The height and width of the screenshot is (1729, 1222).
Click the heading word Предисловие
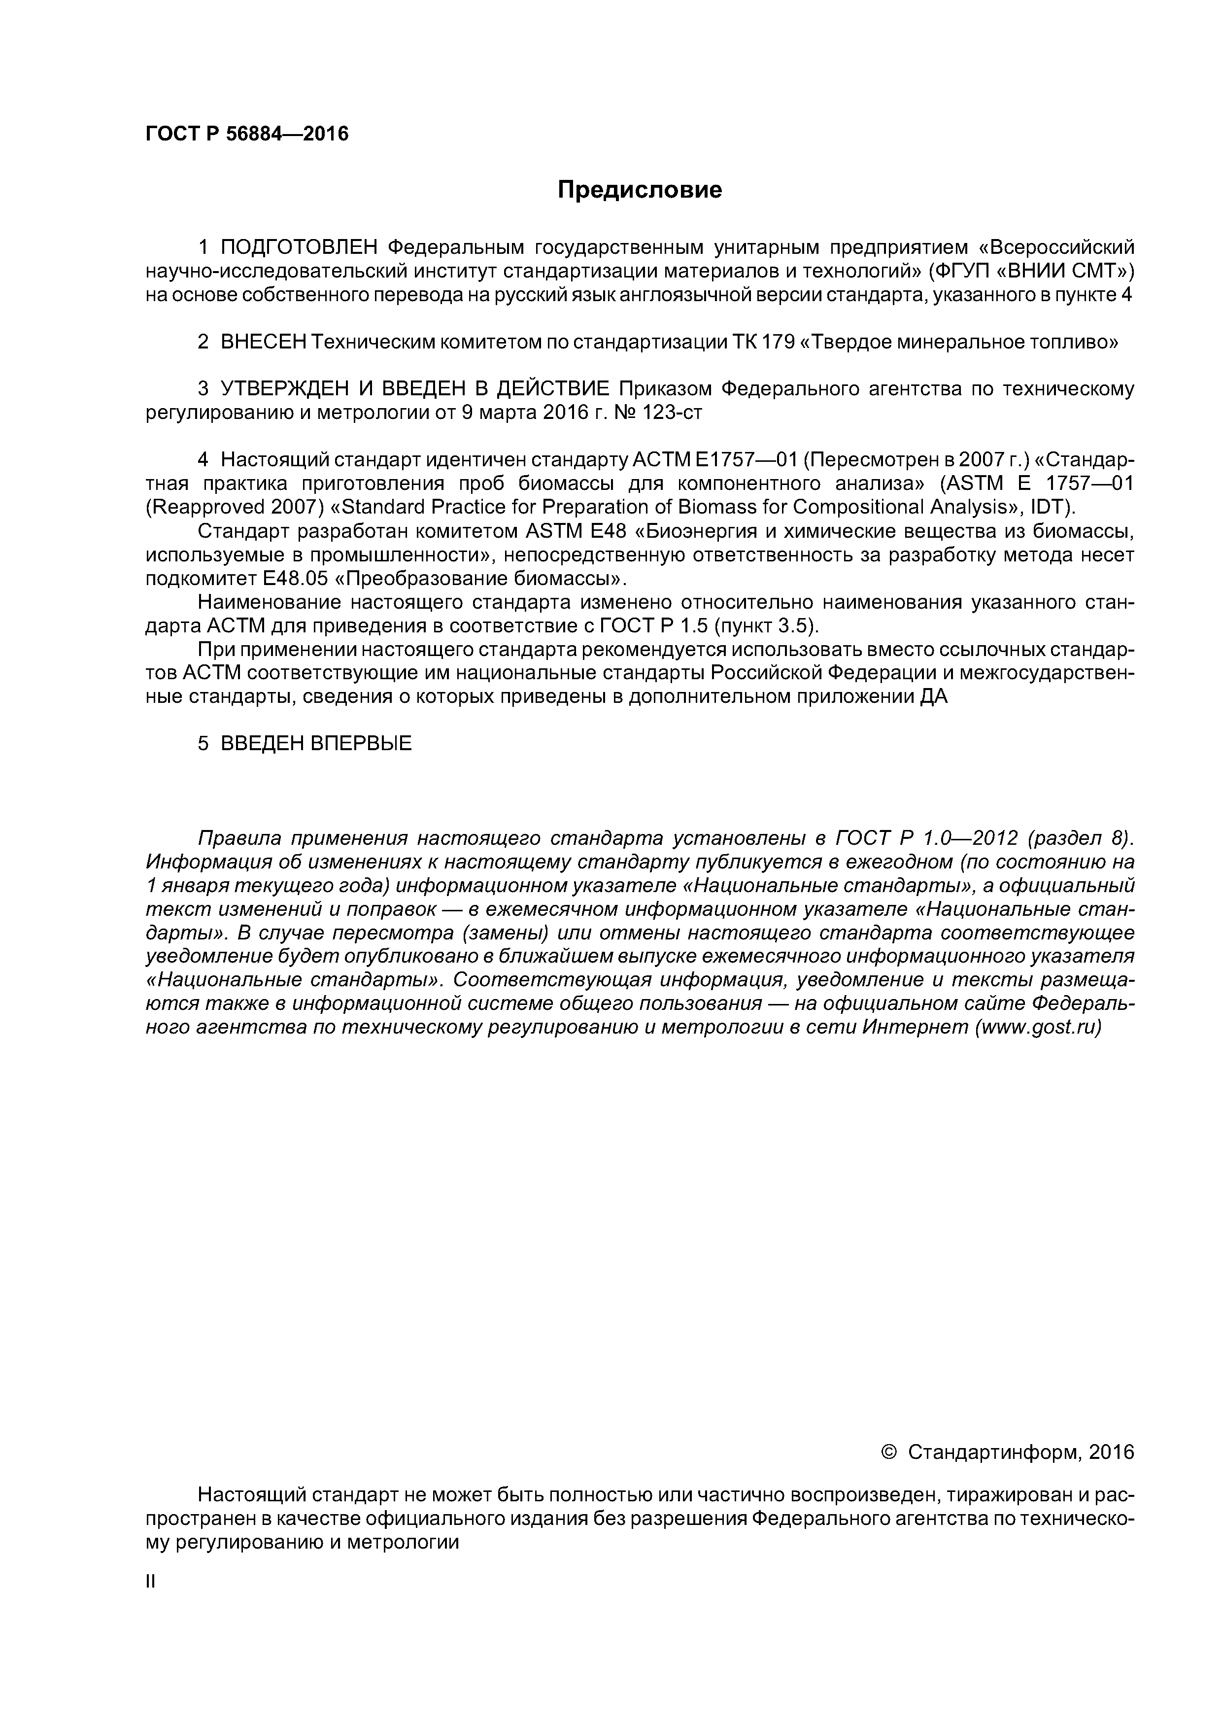point(639,190)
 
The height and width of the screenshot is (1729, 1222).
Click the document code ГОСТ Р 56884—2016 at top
point(247,134)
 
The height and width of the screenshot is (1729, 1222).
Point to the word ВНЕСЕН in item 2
point(264,342)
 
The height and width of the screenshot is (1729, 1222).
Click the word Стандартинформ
point(994,1452)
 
